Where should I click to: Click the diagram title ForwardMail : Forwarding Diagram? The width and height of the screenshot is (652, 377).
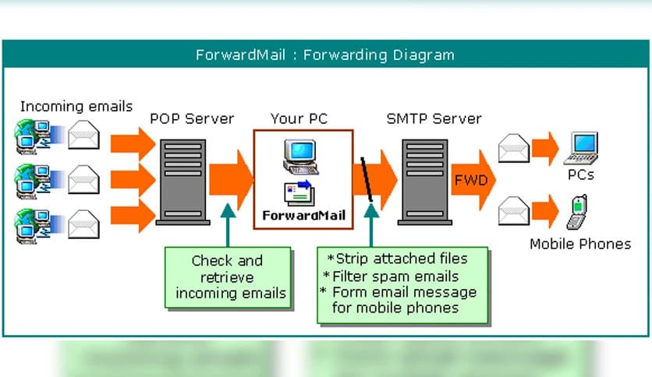[324, 55]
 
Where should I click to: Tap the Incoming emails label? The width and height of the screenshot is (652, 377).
[76, 107]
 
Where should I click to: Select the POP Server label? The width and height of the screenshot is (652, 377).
[192, 119]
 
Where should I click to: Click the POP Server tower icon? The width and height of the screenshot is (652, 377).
[182, 181]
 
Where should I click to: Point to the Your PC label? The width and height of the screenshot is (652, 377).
[299, 119]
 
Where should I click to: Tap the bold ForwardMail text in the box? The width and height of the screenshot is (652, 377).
[303, 215]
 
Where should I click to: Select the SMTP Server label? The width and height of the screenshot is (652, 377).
[434, 119]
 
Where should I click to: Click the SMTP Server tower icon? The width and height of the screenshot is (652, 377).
[425, 181]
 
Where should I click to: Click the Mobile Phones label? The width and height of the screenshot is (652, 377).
[580, 244]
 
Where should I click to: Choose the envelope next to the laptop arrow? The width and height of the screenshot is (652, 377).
[514, 148]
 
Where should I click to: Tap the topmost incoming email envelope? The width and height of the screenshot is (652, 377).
[83, 136]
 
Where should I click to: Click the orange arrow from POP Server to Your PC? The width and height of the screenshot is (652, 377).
[230, 180]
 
